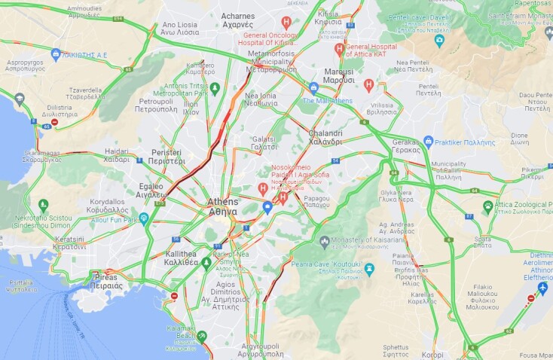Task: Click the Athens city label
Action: [x=222, y=206]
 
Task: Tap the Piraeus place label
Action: [x=105, y=281]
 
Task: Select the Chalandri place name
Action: [x=325, y=137]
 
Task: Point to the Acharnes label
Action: [x=237, y=20]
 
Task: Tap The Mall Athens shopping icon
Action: [x=313, y=87]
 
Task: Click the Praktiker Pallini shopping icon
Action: [x=428, y=141]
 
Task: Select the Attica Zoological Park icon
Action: [x=488, y=206]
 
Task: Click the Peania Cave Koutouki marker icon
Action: [x=368, y=269]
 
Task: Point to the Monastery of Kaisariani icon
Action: [x=324, y=243]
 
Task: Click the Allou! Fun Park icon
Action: [x=144, y=218]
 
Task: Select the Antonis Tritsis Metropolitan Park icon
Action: [x=215, y=89]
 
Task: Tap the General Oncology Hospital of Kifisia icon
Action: [x=286, y=23]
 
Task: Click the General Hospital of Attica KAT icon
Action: [x=340, y=50]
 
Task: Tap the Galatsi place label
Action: [x=264, y=143]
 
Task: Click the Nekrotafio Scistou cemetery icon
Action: [x=43, y=205]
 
